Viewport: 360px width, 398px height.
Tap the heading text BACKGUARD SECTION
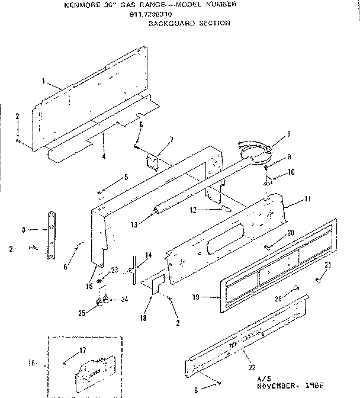[x=189, y=23]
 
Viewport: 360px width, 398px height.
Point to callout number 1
[x=44, y=80]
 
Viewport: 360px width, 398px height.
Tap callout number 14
[x=149, y=255]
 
